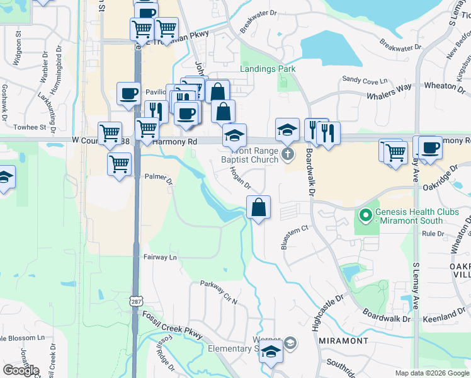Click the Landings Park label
click(268, 69)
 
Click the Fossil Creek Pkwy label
click(173, 325)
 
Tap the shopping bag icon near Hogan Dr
click(259, 207)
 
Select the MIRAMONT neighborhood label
click(344, 341)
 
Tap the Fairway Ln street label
click(160, 257)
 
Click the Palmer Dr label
click(159, 180)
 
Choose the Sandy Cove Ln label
click(365, 81)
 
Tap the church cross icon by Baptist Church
click(288, 154)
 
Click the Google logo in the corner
click(21, 370)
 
